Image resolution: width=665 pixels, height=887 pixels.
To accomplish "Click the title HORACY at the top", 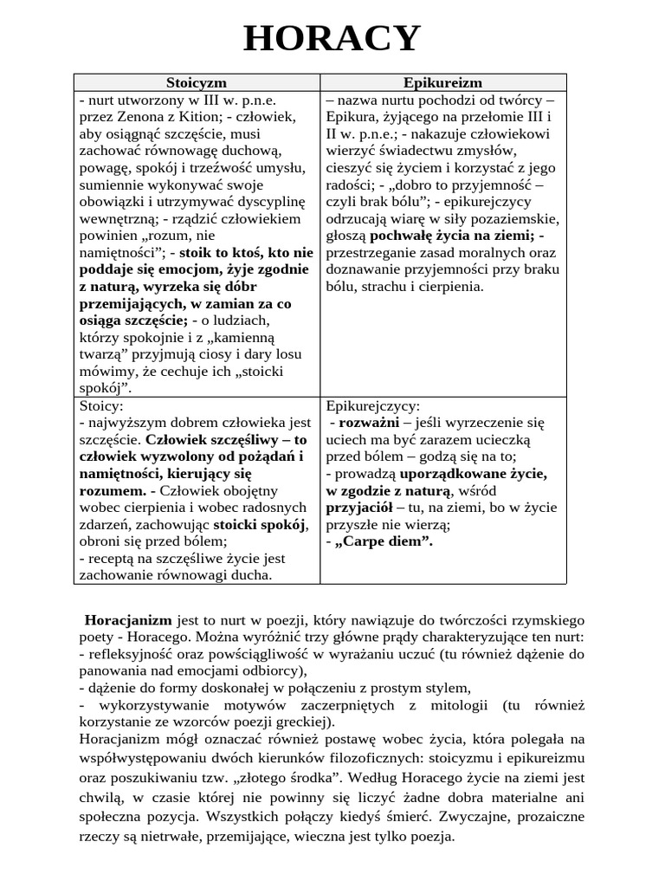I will click(332, 39).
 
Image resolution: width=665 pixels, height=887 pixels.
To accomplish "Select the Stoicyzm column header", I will click(196, 82).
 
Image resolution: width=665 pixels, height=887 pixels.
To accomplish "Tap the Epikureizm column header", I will click(443, 82).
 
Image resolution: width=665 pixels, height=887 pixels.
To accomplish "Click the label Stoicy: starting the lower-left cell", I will click(101, 405).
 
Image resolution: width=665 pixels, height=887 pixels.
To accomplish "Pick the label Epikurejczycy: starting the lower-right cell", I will click(373, 405).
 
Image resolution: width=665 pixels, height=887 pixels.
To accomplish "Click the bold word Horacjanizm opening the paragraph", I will click(128, 620).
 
